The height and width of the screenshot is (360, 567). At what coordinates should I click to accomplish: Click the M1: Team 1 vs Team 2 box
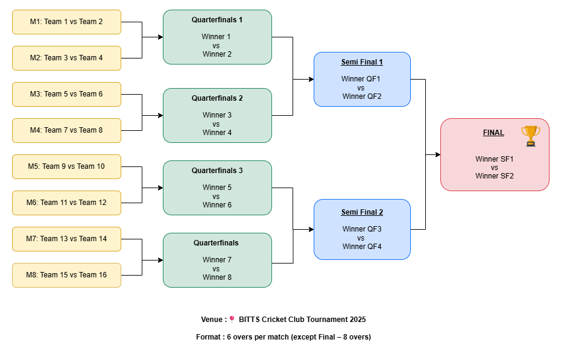[x=66, y=22]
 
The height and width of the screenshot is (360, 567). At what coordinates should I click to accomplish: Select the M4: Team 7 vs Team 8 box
[x=66, y=130]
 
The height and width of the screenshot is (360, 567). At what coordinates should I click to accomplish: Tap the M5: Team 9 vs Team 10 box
[x=66, y=166]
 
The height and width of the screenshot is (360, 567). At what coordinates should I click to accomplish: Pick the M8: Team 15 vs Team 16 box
[x=66, y=275]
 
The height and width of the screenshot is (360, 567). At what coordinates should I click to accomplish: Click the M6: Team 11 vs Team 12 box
[x=66, y=203]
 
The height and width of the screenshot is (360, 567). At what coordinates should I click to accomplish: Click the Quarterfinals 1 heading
[x=217, y=20]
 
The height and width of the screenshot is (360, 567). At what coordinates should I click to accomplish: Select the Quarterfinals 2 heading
[x=217, y=98]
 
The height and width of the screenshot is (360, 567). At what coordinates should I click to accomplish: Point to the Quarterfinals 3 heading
[x=217, y=171]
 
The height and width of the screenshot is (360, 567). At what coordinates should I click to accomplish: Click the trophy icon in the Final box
[x=530, y=136]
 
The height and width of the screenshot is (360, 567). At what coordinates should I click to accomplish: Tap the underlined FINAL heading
[x=493, y=133]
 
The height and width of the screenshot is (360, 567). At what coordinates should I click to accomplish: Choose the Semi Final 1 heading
[x=362, y=62]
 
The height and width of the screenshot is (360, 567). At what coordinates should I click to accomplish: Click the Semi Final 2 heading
[x=362, y=212]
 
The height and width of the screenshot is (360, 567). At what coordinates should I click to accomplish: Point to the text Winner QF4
[x=362, y=246]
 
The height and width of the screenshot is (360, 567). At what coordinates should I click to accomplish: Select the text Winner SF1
[x=495, y=159]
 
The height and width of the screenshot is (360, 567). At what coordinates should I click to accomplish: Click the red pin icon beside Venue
[x=232, y=320]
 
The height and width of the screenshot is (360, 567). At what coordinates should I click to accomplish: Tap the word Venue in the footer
[x=212, y=320]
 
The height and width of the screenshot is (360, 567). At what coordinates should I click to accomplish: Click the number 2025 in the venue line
[x=356, y=320]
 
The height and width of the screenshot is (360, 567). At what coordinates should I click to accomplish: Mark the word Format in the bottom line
[x=209, y=337]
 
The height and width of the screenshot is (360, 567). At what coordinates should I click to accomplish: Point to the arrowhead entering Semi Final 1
[x=311, y=79]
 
